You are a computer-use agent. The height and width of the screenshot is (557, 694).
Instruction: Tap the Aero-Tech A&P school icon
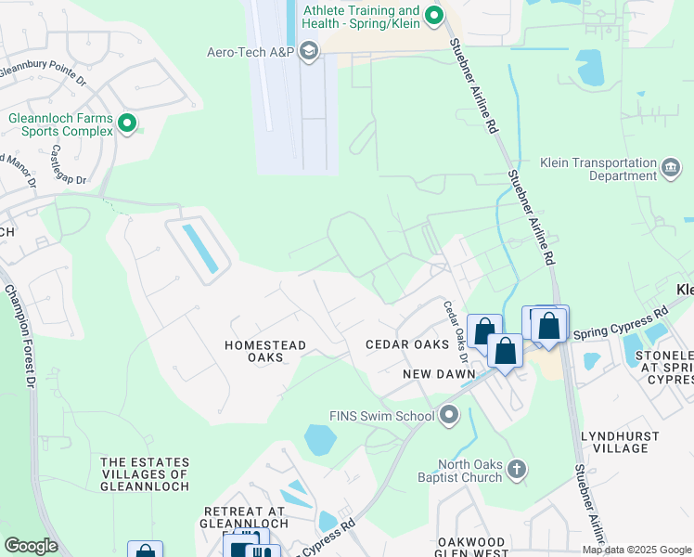[309, 51]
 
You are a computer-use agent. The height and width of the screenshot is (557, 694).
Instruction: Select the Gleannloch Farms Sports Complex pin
[127, 123]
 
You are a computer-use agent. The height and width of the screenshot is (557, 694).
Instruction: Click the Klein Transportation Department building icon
[671, 168]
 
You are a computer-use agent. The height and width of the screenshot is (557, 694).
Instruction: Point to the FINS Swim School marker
[450, 415]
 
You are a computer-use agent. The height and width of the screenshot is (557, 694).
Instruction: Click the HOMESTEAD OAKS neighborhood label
[265, 351]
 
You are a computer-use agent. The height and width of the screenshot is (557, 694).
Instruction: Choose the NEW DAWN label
[439, 373]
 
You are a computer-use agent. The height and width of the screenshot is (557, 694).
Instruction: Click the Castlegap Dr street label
[69, 163]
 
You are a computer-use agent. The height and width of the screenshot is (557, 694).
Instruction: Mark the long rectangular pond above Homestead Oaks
[200, 248]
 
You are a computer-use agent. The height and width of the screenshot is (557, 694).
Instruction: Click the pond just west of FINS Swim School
[319, 439]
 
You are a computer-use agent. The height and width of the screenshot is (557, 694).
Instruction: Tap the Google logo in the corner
[31, 545]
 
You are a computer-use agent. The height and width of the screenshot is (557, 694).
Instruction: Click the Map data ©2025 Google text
[636, 550]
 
